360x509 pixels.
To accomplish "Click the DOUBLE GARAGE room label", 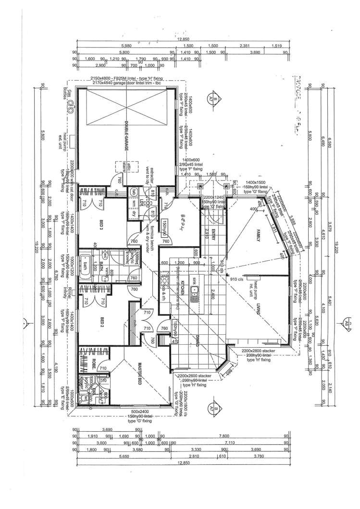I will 126,136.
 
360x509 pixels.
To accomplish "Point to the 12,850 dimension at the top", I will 181,40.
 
